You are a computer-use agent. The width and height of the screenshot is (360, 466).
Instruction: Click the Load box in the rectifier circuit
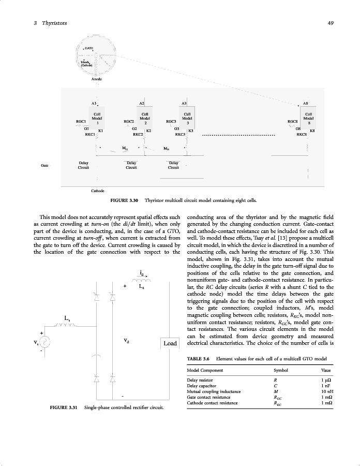click(170, 343)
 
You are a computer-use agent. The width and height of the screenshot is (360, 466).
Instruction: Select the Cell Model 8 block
click(308, 118)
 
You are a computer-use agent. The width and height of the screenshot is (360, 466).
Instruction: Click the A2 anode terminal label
click(142, 104)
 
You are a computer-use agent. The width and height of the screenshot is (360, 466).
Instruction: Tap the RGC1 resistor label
click(80, 121)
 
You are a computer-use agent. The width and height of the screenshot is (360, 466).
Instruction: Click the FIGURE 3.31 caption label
click(64, 409)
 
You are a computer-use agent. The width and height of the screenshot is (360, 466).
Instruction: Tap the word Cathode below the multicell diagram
click(97, 191)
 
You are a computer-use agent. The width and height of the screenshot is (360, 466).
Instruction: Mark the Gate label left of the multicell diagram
click(44, 165)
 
